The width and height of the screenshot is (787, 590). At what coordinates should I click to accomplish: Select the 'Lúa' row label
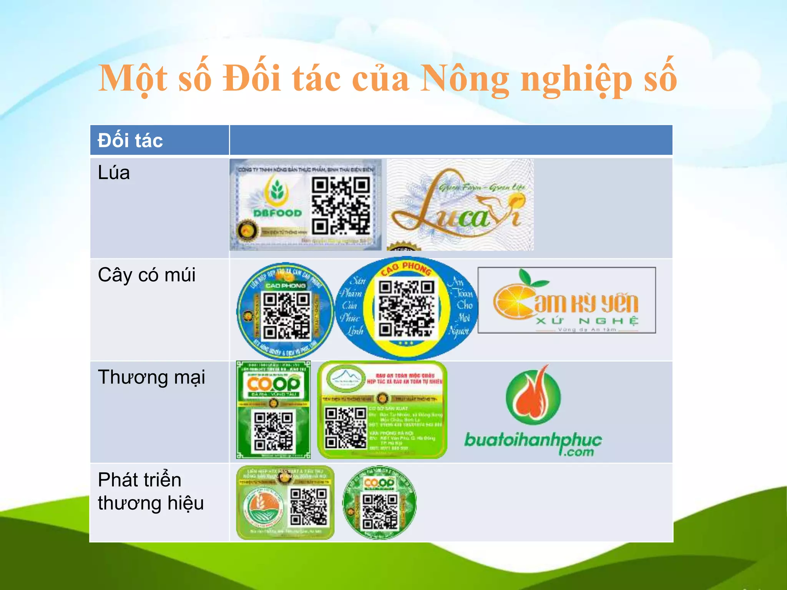114,172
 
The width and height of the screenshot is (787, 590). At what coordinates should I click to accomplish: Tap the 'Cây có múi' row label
146,275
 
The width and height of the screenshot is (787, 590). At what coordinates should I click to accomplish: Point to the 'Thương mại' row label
151,377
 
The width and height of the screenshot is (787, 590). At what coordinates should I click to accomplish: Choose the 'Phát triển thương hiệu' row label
150,491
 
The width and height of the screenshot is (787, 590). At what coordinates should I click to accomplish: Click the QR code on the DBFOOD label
340,206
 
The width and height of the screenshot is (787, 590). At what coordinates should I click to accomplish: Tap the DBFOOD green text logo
277,213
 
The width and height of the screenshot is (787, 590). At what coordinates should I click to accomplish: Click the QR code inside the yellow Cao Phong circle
407,308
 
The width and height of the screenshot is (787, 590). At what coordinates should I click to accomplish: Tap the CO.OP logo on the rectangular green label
273,383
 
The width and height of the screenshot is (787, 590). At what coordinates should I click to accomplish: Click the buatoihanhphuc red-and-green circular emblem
533,396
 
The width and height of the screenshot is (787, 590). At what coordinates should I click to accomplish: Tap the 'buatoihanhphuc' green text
533,440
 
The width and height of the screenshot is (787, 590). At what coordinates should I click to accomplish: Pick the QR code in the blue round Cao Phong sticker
286,315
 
